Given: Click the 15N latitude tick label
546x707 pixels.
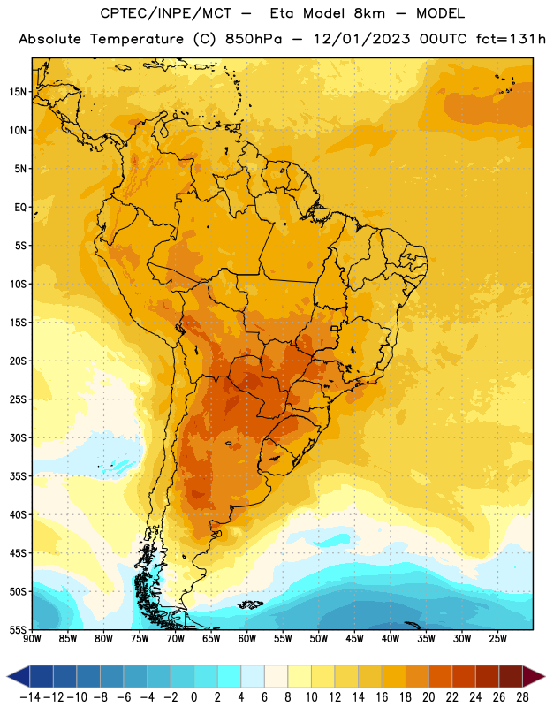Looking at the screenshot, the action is coord(18,92).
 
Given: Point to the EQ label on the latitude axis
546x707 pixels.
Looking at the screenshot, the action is coord(20,208).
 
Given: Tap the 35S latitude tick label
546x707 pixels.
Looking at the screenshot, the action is coord(18,476).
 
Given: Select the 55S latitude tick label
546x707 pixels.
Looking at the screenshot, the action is coord(18,630).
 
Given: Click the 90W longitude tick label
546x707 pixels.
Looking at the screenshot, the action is coord(32,639).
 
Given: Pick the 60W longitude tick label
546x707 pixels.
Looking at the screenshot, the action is coord(247,639).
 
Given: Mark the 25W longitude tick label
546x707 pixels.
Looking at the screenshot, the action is coord(497,639).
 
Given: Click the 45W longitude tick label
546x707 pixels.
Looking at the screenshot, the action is coord(354,639).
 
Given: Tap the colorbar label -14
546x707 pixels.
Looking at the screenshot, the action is coord(30,697).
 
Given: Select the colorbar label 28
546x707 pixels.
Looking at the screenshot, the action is coord(522,697).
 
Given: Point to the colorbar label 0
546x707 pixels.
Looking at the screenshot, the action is coord(193,697).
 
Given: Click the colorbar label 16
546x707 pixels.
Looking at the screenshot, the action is coord(382,697).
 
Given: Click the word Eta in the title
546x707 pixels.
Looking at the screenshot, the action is coord(282,13).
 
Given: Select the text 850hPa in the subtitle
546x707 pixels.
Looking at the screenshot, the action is coord(254,39).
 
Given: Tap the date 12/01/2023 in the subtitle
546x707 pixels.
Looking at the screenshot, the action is coord(362,39).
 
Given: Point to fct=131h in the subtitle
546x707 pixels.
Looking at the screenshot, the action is coord(511,39).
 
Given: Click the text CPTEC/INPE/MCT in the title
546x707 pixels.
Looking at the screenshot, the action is coord(165,13).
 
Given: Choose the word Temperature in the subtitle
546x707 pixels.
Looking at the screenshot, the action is coord(137,40).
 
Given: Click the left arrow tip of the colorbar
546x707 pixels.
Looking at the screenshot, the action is coord(7,677).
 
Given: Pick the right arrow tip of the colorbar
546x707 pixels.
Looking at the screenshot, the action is coord(545,677).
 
